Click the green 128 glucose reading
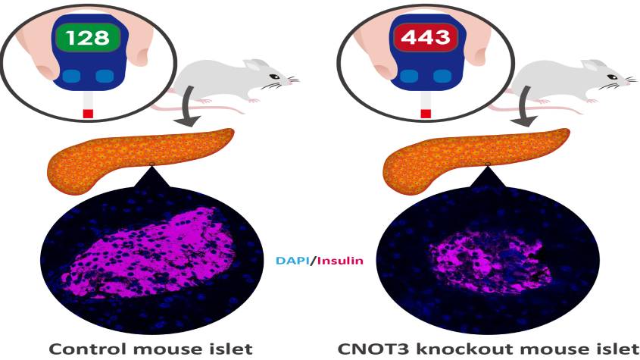coord(88,38)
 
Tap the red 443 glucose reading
coord(426,38)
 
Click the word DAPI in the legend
coord(292,260)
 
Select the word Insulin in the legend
coord(339,260)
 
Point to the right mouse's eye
coord(612,77)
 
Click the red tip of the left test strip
coord(88,114)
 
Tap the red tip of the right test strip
coord(426,114)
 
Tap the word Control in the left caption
coord(88,349)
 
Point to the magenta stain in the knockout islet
coord(488,261)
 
